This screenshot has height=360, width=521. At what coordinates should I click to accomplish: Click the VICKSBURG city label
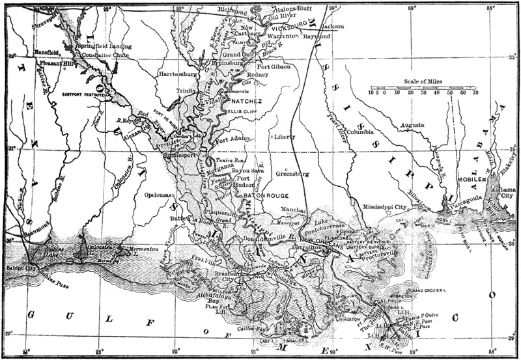click(287, 29)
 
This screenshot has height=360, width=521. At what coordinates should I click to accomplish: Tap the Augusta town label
click(411, 124)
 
